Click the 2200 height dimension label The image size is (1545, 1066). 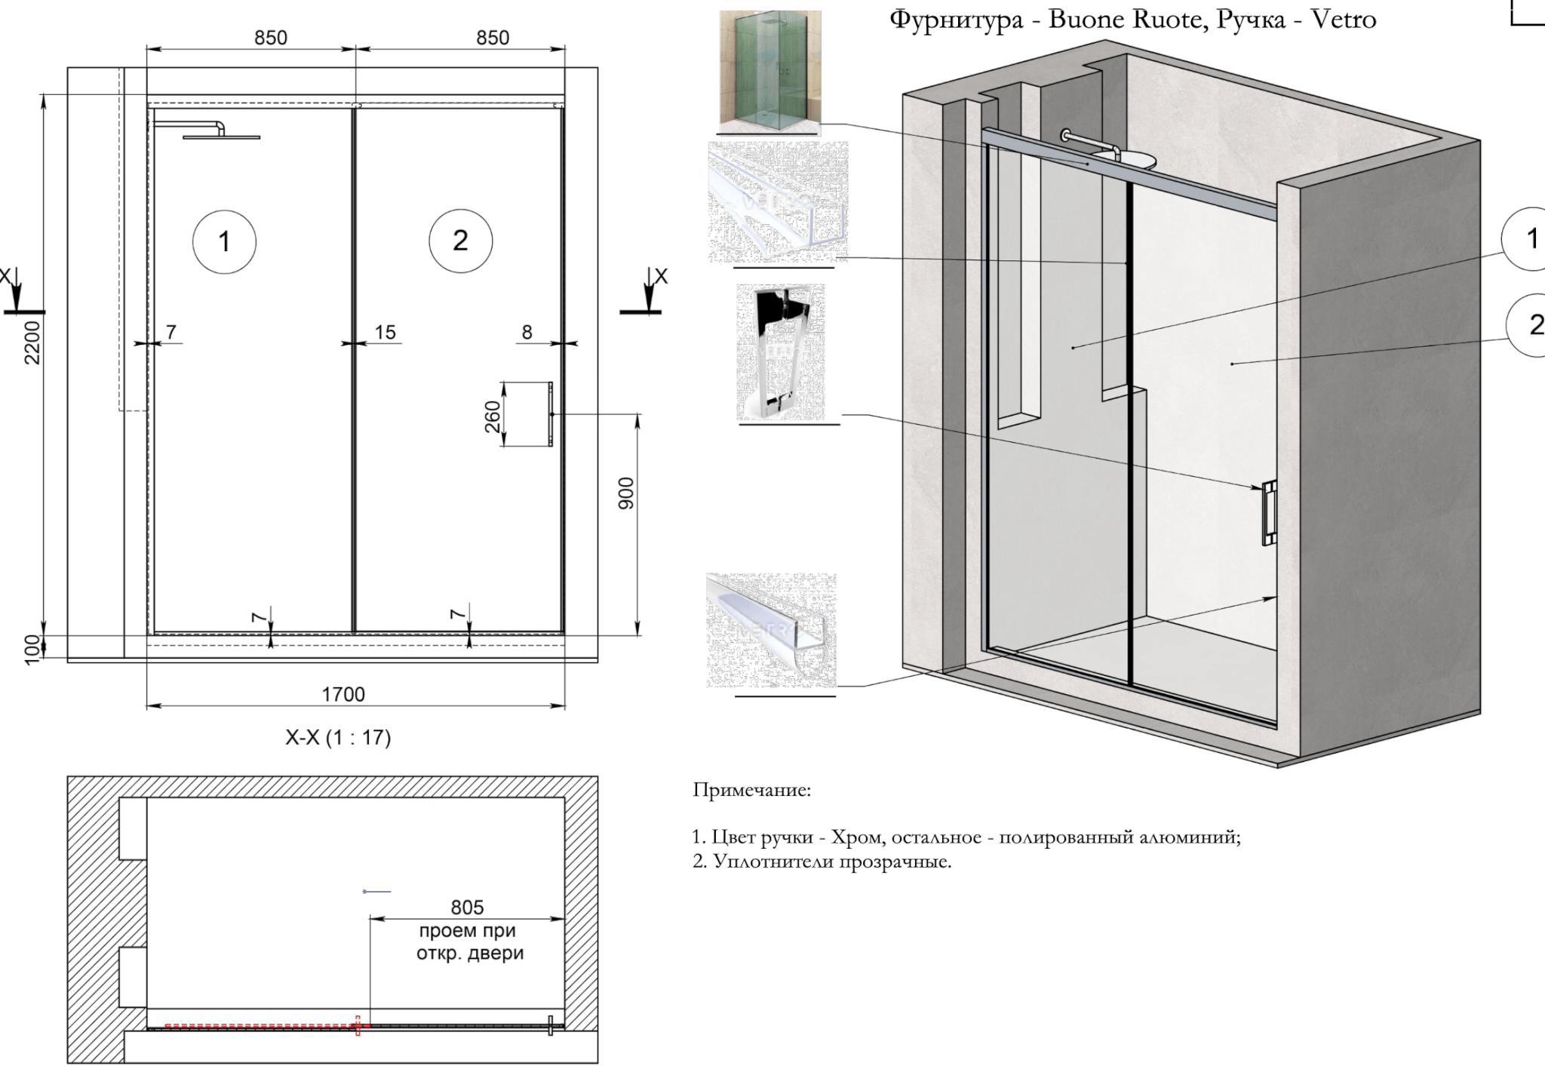click(x=32, y=343)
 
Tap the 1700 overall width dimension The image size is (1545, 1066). click(x=343, y=694)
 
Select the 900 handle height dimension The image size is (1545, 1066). click(x=626, y=493)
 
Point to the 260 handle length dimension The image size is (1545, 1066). click(x=492, y=416)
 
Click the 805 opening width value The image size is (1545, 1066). click(x=467, y=907)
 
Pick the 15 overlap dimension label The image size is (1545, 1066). click(x=385, y=332)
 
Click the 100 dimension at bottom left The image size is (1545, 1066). click(x=32, y=649)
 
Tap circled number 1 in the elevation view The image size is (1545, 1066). click(x=224, y=241)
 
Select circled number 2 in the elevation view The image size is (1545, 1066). click(x=460, y=241)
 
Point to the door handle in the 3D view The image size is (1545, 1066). click(x=1270, y=512)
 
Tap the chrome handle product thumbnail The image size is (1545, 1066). click(x=781, y=352)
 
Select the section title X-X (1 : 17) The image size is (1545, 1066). click(x=338, y=737)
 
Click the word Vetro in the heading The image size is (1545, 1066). click(x=1344, y=19)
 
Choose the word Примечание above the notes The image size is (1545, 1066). click(x=752, y=791)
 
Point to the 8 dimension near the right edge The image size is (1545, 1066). click(x=527, y=332)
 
